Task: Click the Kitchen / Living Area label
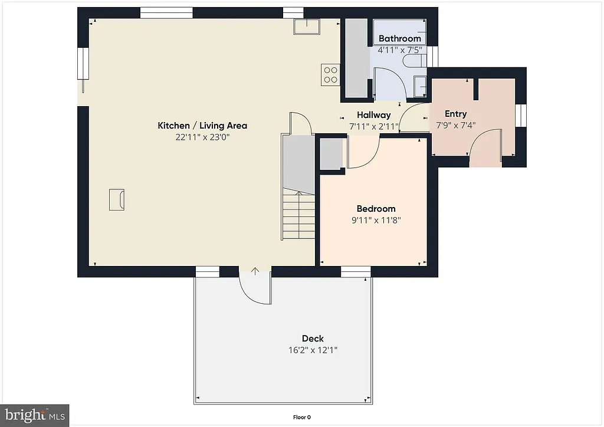(x=202, y=126)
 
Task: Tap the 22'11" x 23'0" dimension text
(x=202, y=137)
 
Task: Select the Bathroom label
(x=400, y=39)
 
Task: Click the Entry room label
(x=455, y=114)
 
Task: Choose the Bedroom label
(x=376, y=209)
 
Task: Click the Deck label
(x=313, y=339)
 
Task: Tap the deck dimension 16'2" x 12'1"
(x=313, y=350)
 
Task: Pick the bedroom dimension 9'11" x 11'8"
(x=376, y=221)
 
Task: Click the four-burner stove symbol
(x=330, y=74)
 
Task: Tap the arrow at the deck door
(x=255, y=271)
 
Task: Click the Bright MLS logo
(x=35, y=415)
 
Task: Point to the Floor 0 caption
(x=302, y=418)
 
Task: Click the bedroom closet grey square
(x=331, y=155)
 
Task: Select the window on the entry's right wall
(x=521, y=115)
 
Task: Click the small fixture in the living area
(x=116, y=199)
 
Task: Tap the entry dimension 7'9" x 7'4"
(x=455, y=125)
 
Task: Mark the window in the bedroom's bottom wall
(x=356, y=271)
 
